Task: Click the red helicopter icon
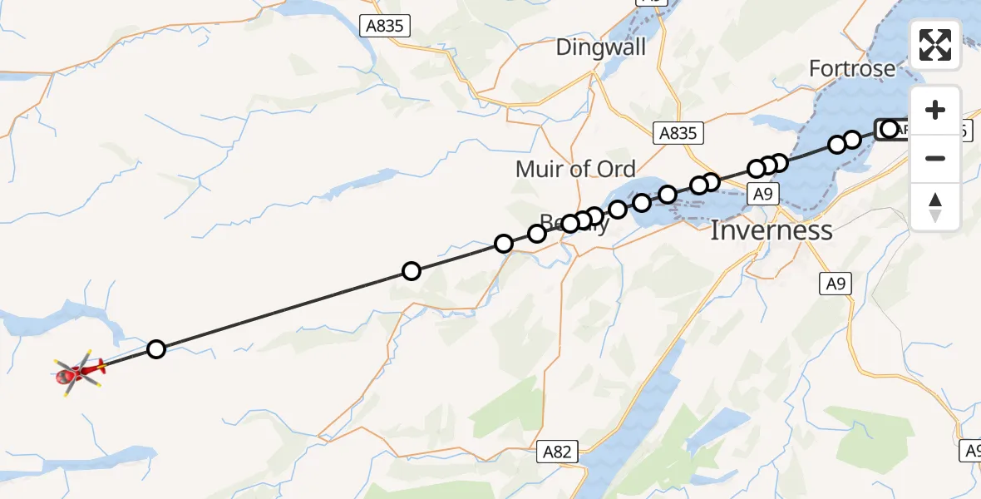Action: point(79,373)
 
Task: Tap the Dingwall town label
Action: point(600,47)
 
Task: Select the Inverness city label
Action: point(771,230)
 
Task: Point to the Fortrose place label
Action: point(853,68)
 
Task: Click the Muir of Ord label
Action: point(575,169)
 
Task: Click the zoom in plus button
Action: point(935,110)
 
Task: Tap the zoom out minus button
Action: point(935,158)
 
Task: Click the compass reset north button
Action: point(935,206)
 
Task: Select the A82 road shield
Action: point(557,452)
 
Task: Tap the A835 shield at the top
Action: point(385,26)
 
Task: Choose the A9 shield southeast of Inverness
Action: point(836,284)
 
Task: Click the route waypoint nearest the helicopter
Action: point(156,349)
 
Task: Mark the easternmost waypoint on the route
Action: point(890,129)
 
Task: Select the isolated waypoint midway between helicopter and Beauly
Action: point(411,271)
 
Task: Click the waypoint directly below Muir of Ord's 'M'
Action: point(537,234)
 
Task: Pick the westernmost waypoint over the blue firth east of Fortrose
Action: point(837,145)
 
